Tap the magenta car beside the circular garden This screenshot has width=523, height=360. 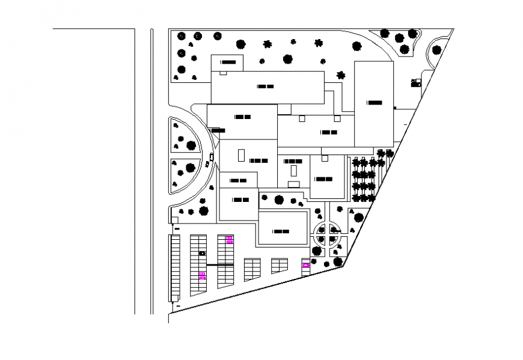tap(306, 265)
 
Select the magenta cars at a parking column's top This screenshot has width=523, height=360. tap(229, 240)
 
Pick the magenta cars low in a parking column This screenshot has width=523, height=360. tap(202, 276)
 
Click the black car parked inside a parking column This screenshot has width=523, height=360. tap(202, 254)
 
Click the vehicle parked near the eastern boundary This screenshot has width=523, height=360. tap(415, 82)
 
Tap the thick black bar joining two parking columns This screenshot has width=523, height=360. tap(220, 264)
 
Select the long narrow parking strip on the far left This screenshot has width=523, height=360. tap(175, 268)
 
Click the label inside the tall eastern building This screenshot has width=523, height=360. tap(375, 103)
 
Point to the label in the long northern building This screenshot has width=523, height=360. tap(266, 87)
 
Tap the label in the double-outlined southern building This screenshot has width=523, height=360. tap(281, 231)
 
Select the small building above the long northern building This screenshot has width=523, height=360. tap(227, 63)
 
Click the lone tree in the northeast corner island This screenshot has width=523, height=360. tap(437, 50)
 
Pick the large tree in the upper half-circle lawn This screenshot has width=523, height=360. tap(191, 145)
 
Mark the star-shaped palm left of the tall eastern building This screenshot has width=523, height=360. tap(341, 75)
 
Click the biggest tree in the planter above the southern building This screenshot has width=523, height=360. tap(279, 200)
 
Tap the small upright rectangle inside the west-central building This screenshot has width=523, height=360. tap(241, 154)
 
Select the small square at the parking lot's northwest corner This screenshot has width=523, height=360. tap(176, 228)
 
